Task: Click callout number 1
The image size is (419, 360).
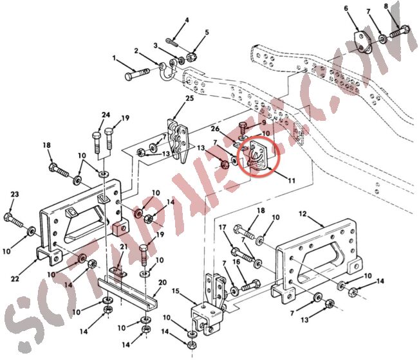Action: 116,59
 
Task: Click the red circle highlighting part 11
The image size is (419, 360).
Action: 260,156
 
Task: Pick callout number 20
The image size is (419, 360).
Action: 163,282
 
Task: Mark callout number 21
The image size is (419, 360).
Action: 124,247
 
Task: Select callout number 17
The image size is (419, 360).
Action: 223,227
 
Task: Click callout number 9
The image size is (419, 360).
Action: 263,123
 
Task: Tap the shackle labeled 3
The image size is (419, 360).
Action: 172,65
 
